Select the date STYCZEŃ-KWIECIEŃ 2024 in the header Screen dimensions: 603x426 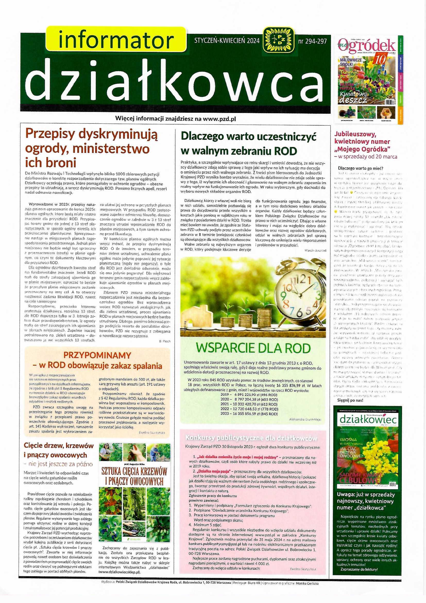(227, 41)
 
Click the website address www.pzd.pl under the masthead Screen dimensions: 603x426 (220, 119)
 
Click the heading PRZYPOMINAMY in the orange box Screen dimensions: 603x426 (97, 355)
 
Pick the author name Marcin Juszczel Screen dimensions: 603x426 (316, 250)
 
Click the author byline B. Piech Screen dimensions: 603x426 (165, 341)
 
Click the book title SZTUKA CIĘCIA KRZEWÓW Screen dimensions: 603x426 (134, 471)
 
